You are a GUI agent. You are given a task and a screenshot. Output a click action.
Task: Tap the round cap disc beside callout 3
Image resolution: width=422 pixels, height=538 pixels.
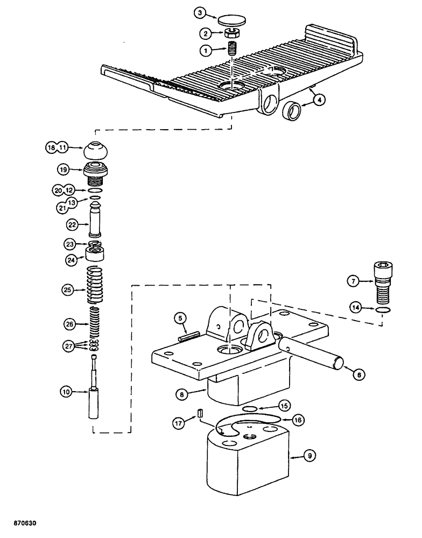point(233,20)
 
